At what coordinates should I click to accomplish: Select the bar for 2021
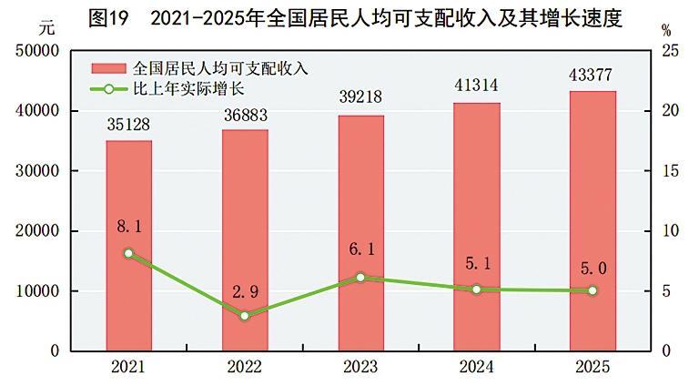click(x=128, y=246)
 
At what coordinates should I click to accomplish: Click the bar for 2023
click(x=360, y=233)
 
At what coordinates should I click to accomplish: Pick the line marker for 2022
click(x=245, y=316)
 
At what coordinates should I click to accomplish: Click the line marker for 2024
click(x=477, y=289)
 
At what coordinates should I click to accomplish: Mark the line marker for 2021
click(x=128, y=253)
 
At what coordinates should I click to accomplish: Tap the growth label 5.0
click(x=593, y=269)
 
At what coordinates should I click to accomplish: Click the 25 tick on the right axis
click(x=670, y=51)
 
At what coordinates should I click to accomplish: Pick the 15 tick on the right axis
click(x=670, y=171)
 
